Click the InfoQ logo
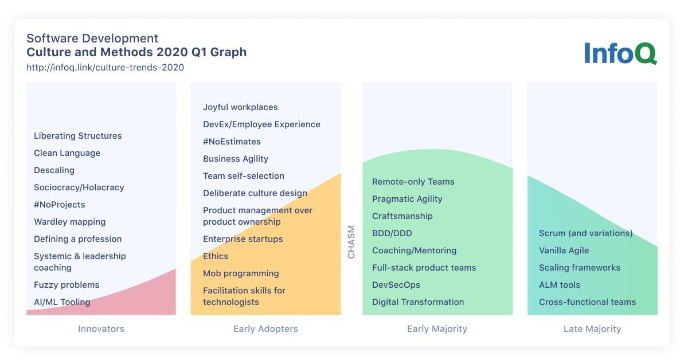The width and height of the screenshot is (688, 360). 620,53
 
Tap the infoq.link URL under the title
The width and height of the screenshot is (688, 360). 105,68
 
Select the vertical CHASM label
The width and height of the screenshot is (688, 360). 351,242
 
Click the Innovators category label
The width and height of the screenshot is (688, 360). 101,328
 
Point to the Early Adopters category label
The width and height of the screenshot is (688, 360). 265,329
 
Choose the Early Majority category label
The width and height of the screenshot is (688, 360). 437,329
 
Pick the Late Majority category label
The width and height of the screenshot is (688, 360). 592,329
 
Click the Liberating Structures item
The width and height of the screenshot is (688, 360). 78,136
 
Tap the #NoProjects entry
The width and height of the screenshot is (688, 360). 59,205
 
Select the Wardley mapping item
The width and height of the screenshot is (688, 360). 70,222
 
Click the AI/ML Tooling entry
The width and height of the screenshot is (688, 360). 62,302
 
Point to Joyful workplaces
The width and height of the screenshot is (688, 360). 240,107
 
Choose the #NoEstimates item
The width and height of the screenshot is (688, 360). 232,142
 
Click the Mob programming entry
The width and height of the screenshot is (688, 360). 241,273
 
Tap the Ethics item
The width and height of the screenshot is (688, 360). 216,256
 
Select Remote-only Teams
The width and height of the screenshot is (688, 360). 413,182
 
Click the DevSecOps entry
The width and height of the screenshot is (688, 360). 396,285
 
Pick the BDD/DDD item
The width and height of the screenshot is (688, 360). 392,233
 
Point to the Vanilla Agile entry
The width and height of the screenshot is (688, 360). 564,251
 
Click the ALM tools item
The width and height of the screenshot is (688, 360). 560,285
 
